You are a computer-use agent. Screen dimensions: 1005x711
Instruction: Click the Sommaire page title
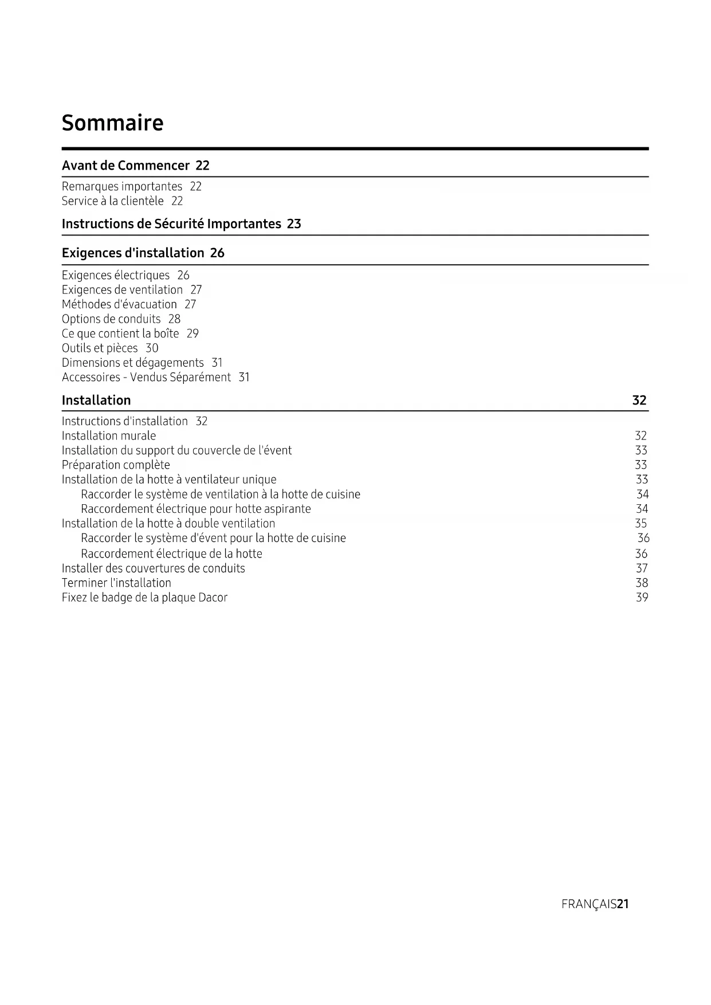pos(112,123)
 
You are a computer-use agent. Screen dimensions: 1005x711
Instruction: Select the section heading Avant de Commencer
pos(125,166)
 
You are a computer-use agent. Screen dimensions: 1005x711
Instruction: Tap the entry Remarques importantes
pos(121,186)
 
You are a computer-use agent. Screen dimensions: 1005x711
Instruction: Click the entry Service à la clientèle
pos(112,201)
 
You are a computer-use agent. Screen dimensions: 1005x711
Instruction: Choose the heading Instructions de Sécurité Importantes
pos(171,223)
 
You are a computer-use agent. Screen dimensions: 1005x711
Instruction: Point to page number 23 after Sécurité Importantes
pos(294,223)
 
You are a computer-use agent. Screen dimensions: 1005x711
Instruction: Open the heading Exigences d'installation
pos(133,253)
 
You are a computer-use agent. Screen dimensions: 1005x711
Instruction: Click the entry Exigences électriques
pos(116,275)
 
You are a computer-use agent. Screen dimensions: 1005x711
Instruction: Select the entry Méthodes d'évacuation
pos(119,304)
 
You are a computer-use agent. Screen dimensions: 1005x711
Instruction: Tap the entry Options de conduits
pos(111,319)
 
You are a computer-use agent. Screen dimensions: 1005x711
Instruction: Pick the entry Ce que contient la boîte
pos(120,333)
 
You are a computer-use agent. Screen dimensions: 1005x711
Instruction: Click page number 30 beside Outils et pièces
pos(152,348)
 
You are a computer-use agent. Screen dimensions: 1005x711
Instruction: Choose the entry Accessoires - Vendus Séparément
pos(146,377)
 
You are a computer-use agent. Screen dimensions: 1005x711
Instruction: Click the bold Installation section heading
pos(96,400)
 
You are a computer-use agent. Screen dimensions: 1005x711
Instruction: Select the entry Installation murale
pos(109,435)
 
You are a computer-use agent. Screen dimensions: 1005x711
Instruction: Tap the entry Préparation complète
pos(116,465)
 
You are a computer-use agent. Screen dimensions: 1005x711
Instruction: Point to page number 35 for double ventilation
pos(641,523)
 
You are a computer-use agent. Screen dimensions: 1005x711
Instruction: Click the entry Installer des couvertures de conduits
pos(153,568)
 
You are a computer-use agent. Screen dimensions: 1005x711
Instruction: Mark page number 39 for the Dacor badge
pos(642,598)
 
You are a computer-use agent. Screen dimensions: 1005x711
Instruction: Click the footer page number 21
pos(623,904)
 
